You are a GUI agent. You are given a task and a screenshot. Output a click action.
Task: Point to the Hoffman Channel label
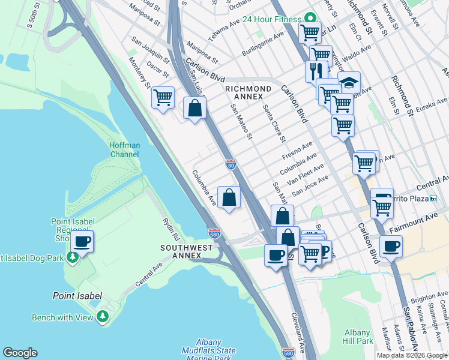point(124,149)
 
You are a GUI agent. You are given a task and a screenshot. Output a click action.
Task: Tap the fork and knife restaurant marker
point(315,70)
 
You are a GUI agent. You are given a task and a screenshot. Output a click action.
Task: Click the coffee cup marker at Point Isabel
point(82,241)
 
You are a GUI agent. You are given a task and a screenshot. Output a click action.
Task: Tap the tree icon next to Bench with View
point(103,316)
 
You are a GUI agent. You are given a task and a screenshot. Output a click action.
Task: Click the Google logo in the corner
point(20,353)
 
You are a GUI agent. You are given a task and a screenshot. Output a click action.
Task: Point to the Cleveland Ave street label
point(298,332)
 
